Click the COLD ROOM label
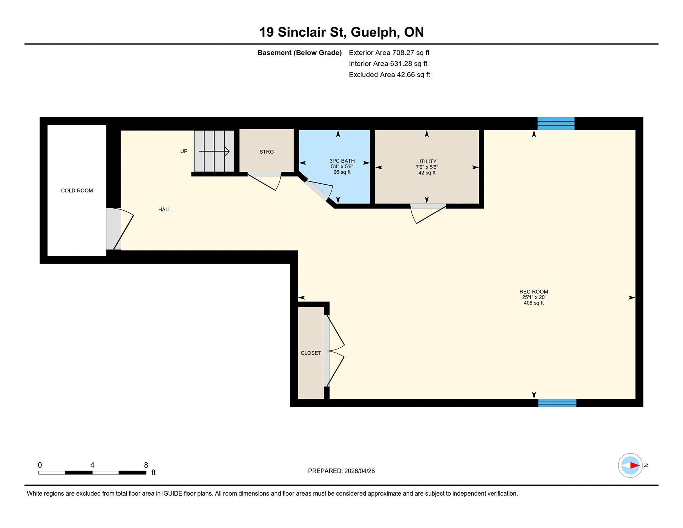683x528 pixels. [77, 191]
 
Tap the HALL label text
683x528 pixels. [165, 210]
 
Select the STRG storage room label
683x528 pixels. [267, 152]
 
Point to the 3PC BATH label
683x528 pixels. [342, 161]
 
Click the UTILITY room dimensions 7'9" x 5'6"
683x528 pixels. [427, 167]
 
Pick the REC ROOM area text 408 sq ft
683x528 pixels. [534, 303]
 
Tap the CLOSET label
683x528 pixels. [311, 353]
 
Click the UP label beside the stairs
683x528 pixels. [184, 151]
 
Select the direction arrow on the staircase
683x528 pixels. [214, 152]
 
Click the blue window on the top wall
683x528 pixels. [556, 123]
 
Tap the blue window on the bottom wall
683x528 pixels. [557, 403]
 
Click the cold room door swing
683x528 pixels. [123, 229]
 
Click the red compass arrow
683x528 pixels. [635, 465]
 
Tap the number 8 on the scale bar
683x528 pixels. [146, 465]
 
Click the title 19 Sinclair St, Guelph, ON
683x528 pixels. [341, 32]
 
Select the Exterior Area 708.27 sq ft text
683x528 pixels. [389, 53]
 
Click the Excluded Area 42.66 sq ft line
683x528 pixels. [390, 75]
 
